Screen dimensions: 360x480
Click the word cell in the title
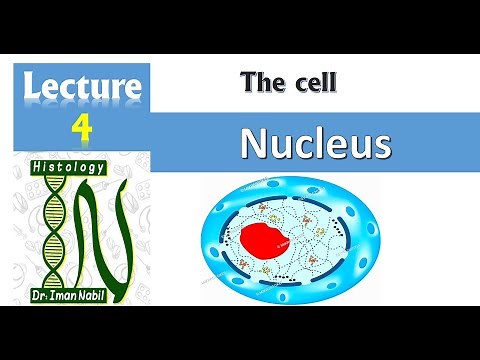click(x=313, y=84)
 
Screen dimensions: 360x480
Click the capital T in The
click(x=248, y=84)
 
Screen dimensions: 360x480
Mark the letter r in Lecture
click(x=116, y=90)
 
